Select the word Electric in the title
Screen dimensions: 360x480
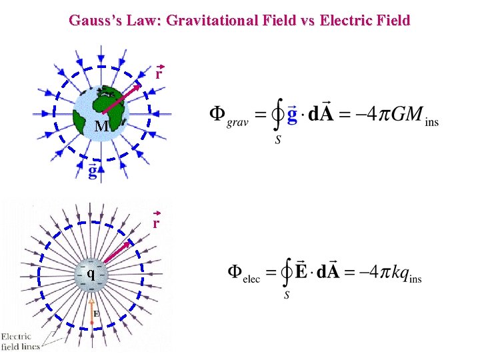click(347, 21)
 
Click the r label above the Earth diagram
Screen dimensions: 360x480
click(159, 74)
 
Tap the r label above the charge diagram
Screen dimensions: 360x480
click(156, 223)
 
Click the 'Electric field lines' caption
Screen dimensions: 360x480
click(20, 341)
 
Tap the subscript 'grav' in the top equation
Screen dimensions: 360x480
click(237, 123)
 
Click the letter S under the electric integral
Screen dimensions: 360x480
click(286, 294)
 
